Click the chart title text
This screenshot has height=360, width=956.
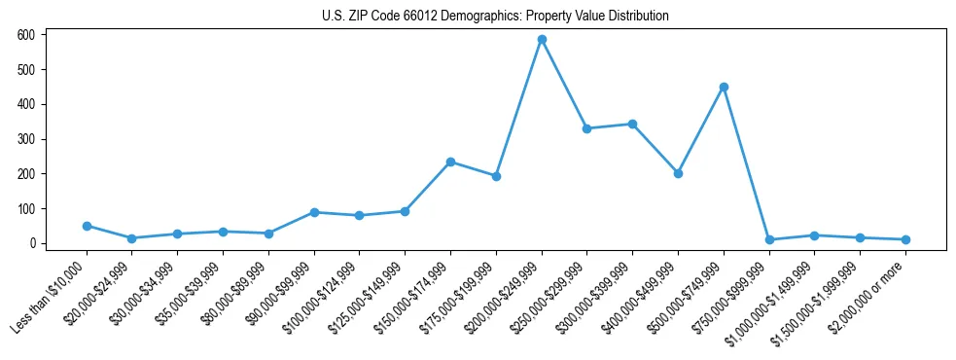[495, 17]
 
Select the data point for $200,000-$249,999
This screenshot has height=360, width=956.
[542, 40]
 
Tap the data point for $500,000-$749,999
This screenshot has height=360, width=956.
[724, 87]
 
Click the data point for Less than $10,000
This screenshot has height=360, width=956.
[87, 226]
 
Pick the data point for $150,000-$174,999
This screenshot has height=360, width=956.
[450, 162]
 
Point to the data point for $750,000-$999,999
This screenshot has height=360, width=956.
[769, 239]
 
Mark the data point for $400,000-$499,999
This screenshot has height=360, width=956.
[678, 173]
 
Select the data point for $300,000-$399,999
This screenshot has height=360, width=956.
[632, 124]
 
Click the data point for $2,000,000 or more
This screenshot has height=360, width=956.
[905, 239]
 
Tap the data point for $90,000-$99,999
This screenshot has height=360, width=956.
[314, 212]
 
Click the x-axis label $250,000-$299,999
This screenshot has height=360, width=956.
[552, 295]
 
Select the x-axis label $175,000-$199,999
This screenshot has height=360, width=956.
[461, 295]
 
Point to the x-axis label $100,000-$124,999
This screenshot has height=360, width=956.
[325, 295]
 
